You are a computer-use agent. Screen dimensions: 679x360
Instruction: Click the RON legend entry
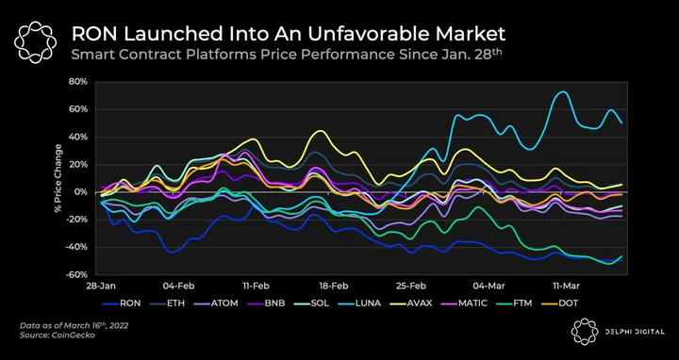(122, 303)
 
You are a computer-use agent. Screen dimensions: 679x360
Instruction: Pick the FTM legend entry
(515, 303)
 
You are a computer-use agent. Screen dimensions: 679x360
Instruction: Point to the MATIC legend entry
(464, 303)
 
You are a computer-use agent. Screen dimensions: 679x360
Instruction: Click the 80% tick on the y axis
(80, 82)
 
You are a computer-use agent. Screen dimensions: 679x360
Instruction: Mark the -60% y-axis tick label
(79, 275)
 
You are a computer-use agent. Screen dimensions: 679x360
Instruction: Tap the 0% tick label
(83, 192)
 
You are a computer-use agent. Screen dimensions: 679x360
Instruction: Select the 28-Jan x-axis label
(97, 286)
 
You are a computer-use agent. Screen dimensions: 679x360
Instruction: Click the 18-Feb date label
(333, 286)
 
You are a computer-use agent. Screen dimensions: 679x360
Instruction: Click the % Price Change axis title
(58, 178)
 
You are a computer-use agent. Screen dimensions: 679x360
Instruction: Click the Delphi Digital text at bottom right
(635, 332)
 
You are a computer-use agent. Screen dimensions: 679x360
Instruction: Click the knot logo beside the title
(35, 41)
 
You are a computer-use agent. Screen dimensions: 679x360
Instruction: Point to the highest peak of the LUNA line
(562, 91)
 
